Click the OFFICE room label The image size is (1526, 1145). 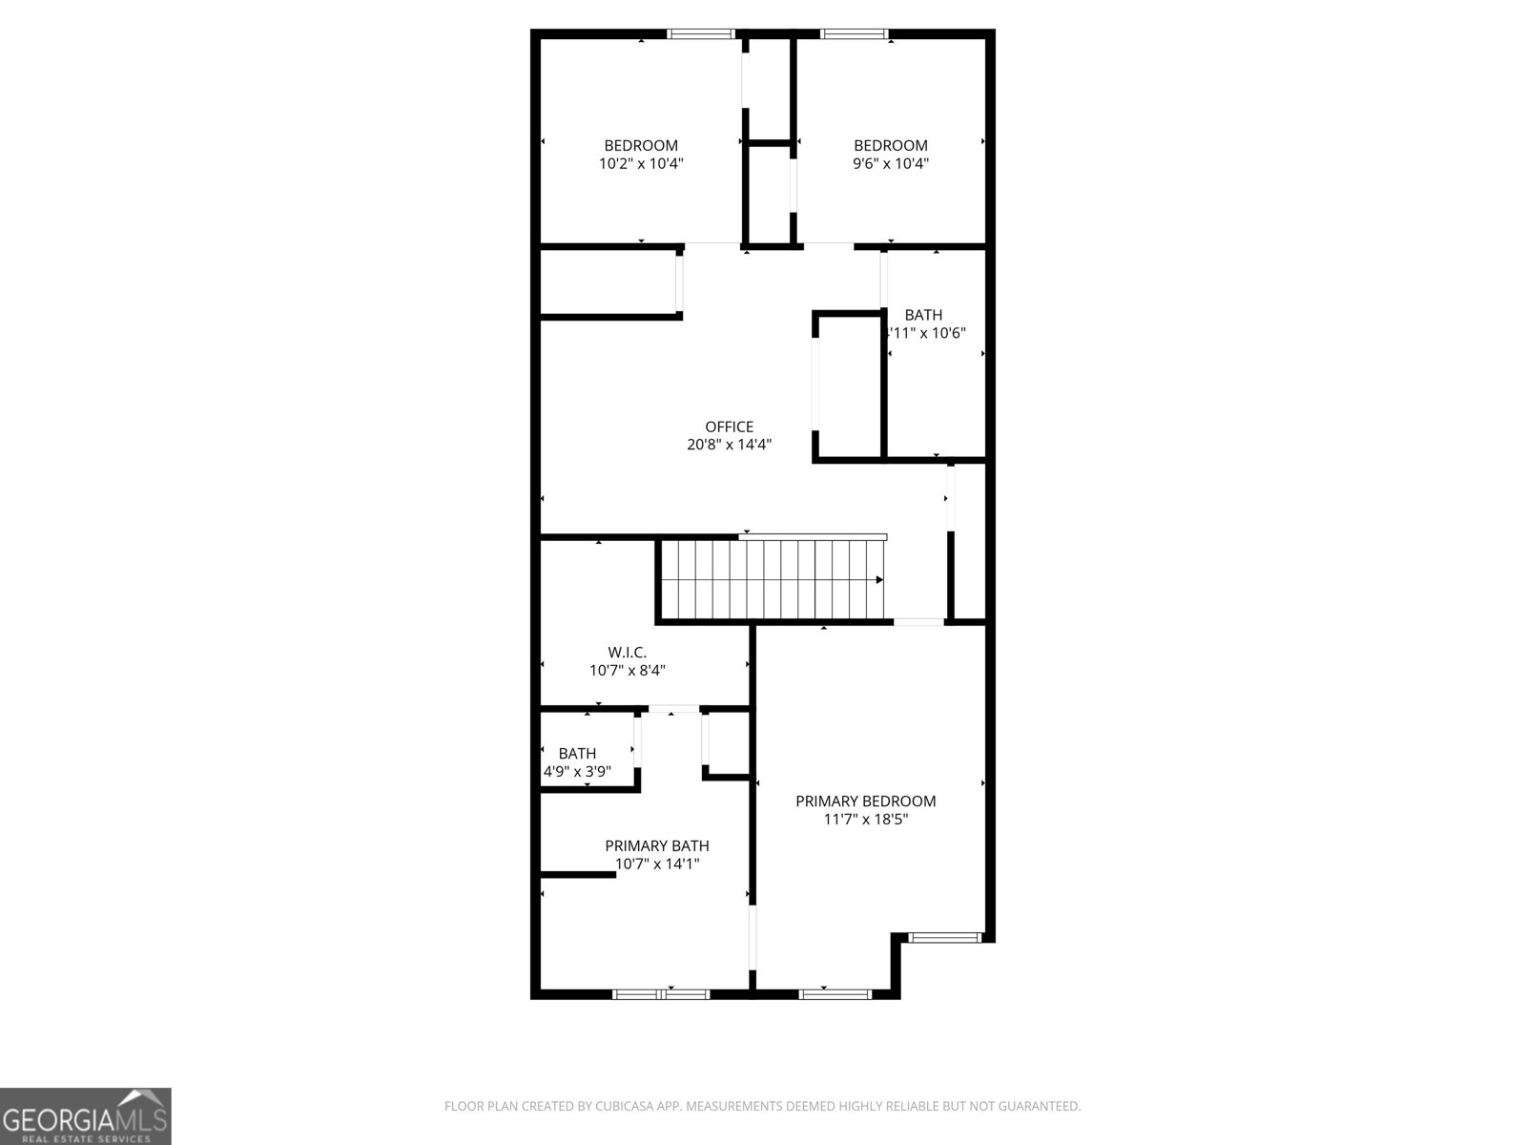pyautogui.click(x=729, y=427)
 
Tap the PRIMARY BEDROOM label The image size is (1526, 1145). pyautogui.click(x=865, y=801)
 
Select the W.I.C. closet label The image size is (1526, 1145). pyautogui.click(x=627, y=653)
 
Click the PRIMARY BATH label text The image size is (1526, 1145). pyautogui.click(x=656, y=845)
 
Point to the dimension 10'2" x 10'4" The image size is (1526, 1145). pyautogui.click(x=641, y=163)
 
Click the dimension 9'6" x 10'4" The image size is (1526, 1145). pyautogui.click(x=890, y=163)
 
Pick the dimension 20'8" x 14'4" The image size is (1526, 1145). pyautogui.click(x=729, y=445)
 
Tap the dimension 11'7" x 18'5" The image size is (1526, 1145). pyautogui.click(x=865, y=820)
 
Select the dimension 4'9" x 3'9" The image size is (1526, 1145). pyautogui.click(x=577, y=771)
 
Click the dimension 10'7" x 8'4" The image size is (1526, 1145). pyautogui.click(x=627, y=671)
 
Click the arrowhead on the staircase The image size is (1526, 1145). pyautogui.click(x=878, y=579)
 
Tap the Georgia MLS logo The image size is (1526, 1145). pyautogui.click(x=86, y=1115)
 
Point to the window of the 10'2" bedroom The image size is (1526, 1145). pyautogui.click(x=700, y=34)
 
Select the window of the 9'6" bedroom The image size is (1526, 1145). pyautogui.click(x=855, y=34)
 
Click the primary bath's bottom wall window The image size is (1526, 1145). pyautogui.click(x=661, y=994)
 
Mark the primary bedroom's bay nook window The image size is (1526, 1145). pyautogui.click(x=944, y=938)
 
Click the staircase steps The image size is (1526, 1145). pyautogui.click(x=773, y=579)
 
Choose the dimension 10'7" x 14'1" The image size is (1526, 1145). pyautogui.click(x=656, y=864)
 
